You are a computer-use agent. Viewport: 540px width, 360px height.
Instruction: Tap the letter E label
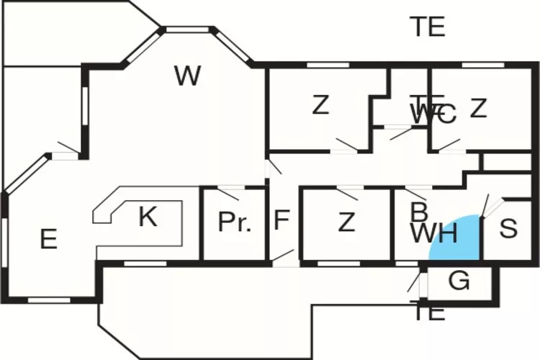point(48,238)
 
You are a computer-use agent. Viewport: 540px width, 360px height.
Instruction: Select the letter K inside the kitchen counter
point(148,217)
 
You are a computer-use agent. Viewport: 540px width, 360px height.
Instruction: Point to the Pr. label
point(235,222)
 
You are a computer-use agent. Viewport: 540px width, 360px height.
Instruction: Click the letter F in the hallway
point(282,220)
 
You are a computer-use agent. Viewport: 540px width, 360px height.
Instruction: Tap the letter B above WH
point(418,212)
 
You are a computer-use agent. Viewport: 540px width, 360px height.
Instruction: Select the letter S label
point(508,229)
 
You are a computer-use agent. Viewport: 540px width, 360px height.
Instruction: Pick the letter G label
point(459,282)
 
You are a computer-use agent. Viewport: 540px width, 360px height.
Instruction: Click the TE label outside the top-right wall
point(428,27)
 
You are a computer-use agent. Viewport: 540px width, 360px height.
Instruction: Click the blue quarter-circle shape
point(459,241)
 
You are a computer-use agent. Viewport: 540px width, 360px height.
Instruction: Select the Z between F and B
point(346,222)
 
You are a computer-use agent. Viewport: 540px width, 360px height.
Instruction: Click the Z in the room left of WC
point(320,106)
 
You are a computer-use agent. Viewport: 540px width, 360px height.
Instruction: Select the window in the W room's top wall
point(187,30)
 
